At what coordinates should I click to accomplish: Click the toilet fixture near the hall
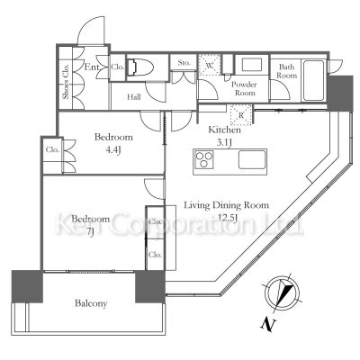(x=140, y=67)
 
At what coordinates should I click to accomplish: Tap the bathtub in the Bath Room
(x=313, y=81)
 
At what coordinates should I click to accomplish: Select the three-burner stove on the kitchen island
(x=204, y=159)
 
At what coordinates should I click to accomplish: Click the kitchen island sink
(x=252, y=159)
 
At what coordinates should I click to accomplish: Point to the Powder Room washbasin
(x=252, y=65)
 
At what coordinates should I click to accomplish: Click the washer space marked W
(x=210, y=65)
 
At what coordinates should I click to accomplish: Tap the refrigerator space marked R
(x=241, y=115)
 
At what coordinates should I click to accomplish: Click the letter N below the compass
(x=267, y=324)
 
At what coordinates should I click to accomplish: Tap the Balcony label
(x=91, y=303)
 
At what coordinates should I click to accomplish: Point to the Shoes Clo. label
(x=66, y=81)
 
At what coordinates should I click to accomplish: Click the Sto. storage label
(x=184, y=62)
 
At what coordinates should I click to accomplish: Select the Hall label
(x=134, y=97)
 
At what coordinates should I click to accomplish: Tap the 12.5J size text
(x=227, y=218)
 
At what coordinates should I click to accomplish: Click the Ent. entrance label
(x=92, y=67)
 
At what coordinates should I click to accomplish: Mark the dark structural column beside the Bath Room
(x=339, y=94)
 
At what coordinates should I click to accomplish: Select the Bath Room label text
(x=286, y=71)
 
